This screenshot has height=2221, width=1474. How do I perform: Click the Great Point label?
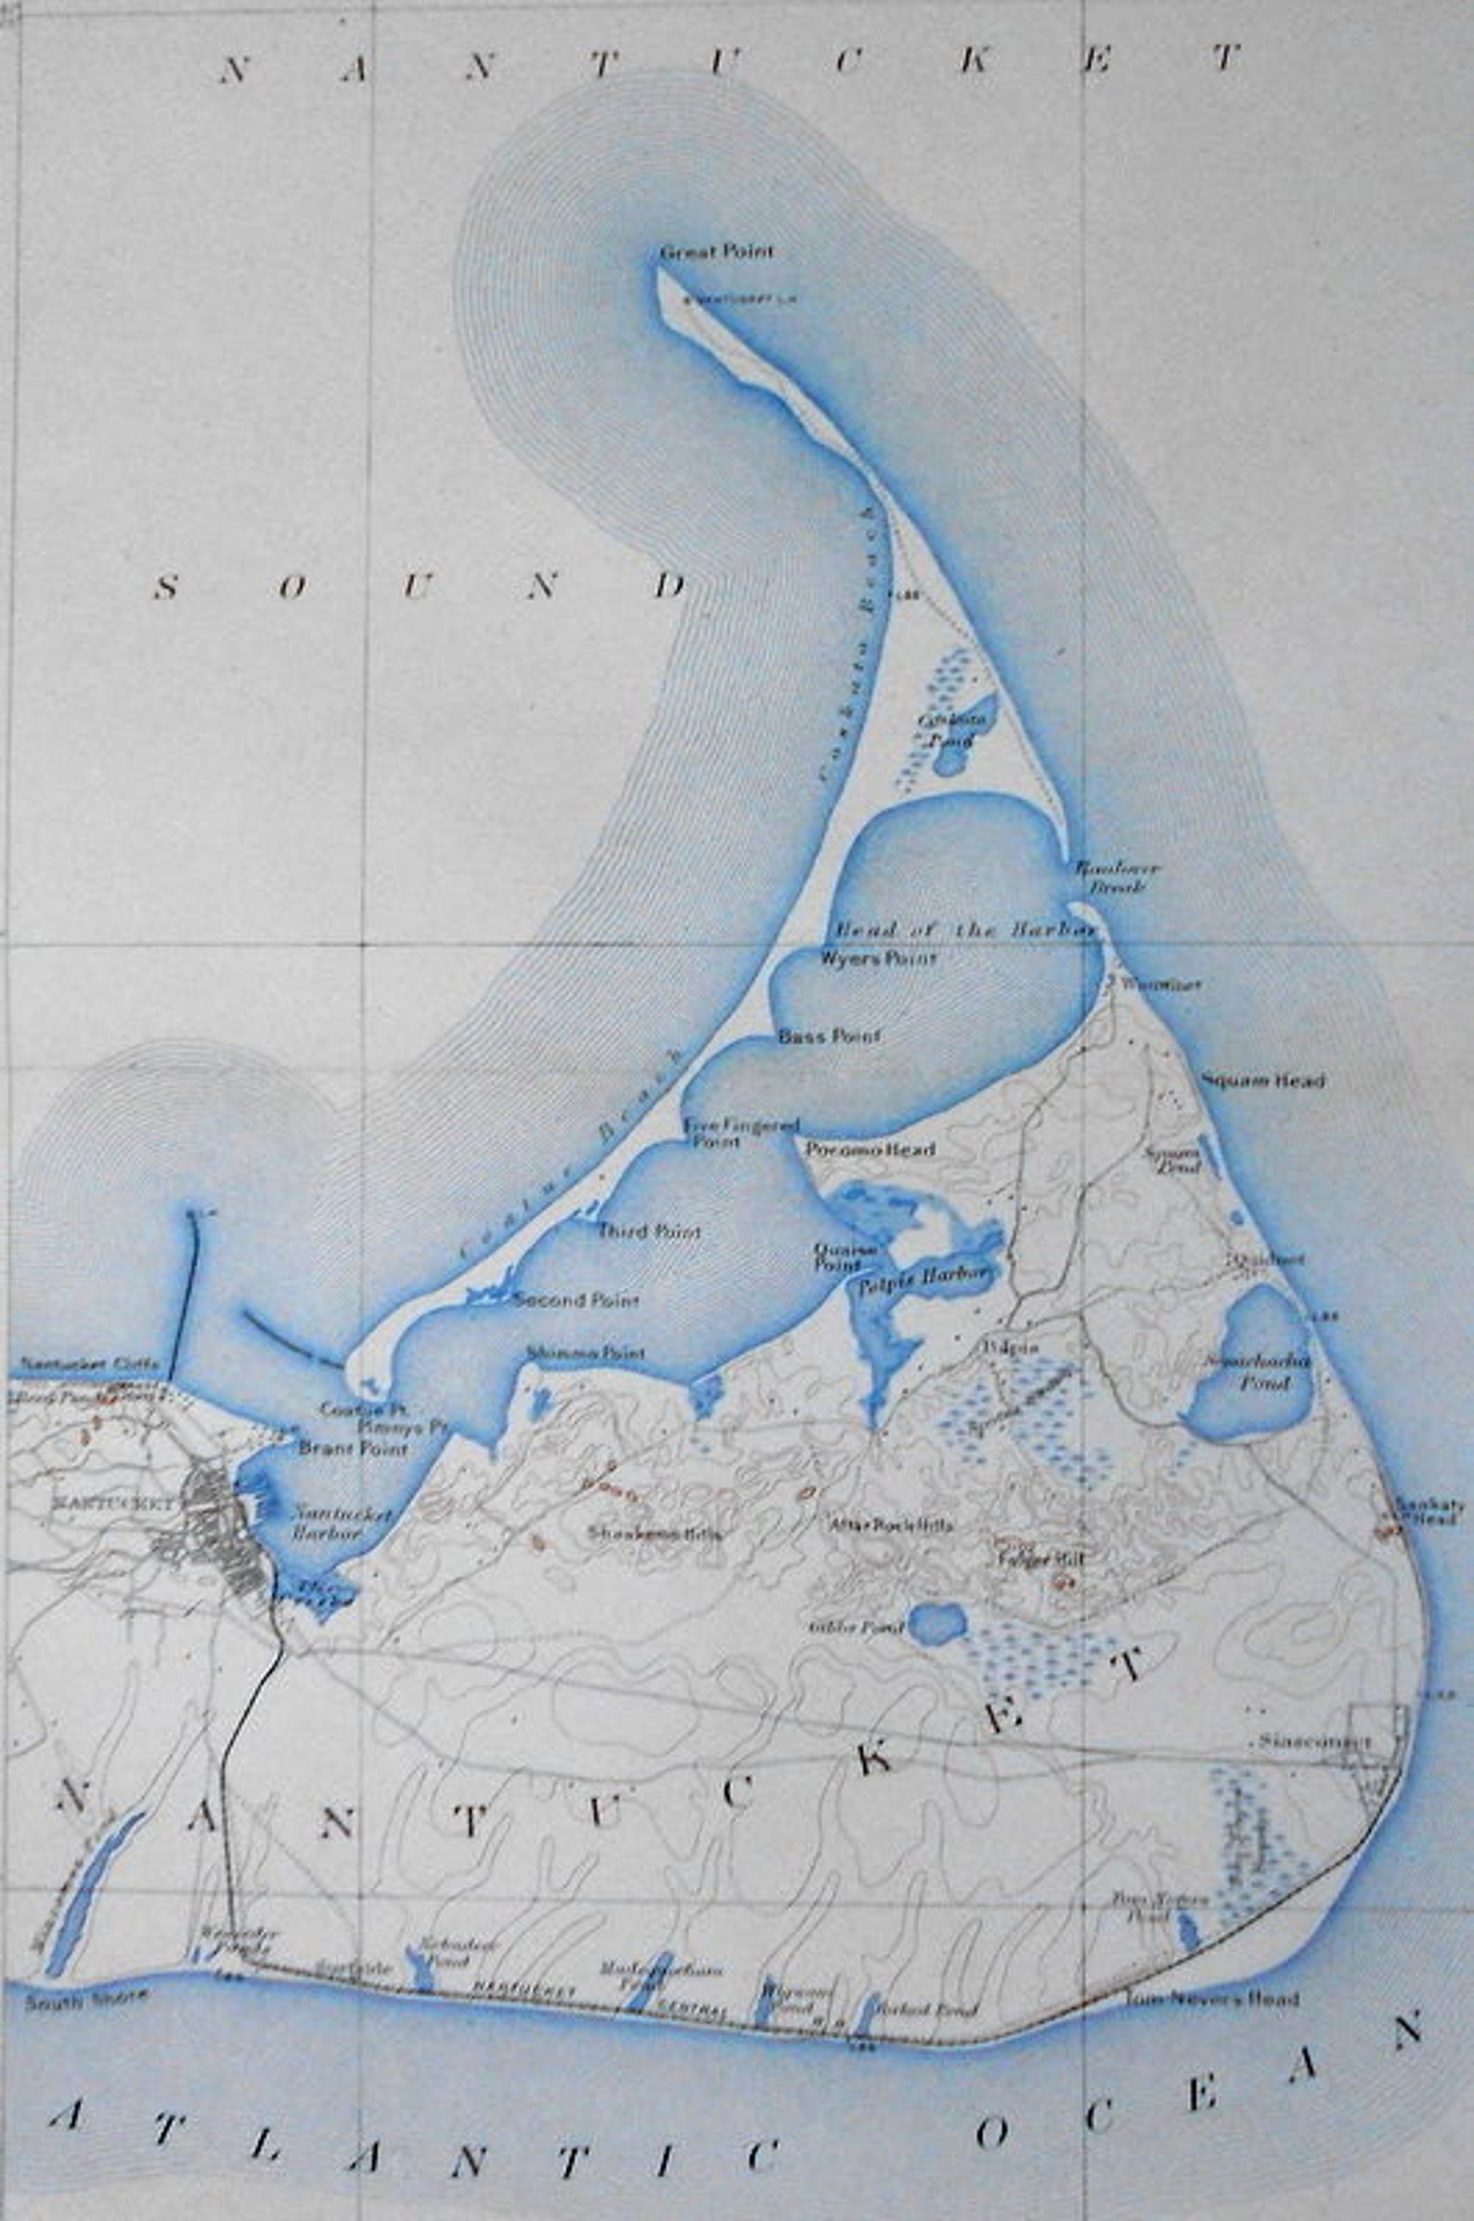(x=717, y=252)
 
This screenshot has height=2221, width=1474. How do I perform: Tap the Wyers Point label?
(x=878, y=960)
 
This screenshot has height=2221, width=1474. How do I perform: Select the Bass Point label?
(x=829, y=1036)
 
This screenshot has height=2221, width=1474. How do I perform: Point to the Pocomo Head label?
(x=871, y=1149)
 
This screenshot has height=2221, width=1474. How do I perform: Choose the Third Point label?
(x=651, y=1231)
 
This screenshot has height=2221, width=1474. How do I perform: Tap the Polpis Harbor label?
(x=937, y=1276)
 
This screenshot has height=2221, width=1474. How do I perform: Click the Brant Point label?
(x=354, y=1448)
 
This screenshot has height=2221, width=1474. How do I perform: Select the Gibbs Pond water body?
(x=937, y=1623)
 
